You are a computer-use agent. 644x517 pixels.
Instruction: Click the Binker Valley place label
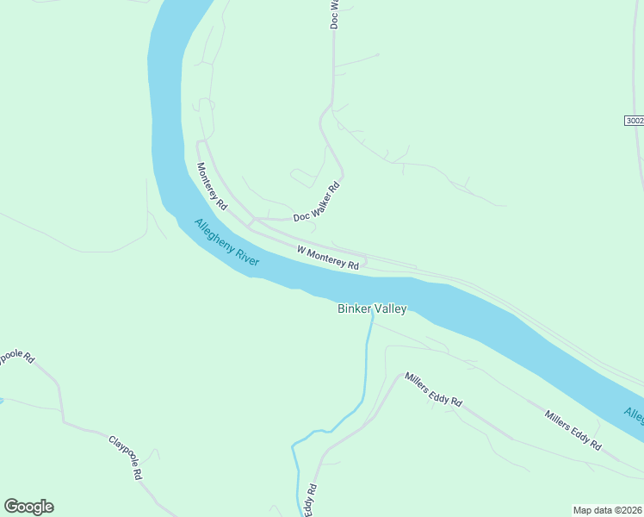pyautogui.click(x=371, y=308)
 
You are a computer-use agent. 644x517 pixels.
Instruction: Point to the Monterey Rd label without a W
pyautogui.click(x=211, y=187)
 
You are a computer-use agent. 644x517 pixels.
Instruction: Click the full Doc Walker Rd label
pyautogui.click(x=317, y=202)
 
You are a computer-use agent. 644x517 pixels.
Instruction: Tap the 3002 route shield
pyautogui.click(x=635, y=121)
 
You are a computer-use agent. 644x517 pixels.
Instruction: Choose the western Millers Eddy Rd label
pyautogui.click(x=434, y=390)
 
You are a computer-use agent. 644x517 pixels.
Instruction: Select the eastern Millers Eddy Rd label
pyautogui.click(x=573, y=429)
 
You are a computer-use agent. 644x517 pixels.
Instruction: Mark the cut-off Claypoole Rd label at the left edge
pyautogui.click(x=15, y=357)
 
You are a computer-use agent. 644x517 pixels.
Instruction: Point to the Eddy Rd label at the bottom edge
pyautogui.click(x=311, y=501)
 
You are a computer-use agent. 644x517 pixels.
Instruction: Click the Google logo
pyautogui.click(x=28, y=507)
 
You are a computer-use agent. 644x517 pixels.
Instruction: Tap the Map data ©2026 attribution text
pyautogui.click(x=608, y=509)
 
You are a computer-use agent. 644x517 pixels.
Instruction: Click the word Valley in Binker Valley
pyautogui.click(x=389, y=308)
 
